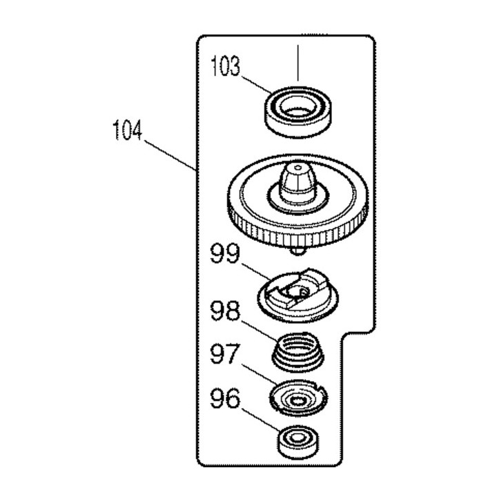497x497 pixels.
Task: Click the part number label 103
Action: click(x=226, y=66)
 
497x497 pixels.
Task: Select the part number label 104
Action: click(x=128, y=130)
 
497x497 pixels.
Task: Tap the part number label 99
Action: click(x=225, y=253)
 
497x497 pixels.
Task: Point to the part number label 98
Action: click(x=225, y=311)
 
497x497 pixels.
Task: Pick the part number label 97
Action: click(x=224, y=354)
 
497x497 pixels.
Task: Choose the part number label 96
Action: click(x=225, y=399)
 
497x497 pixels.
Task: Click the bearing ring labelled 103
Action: click(x=298, y=112)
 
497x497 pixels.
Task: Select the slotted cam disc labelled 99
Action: click(x=298, y=295)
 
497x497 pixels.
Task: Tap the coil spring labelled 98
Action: click(x=298, y=351)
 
